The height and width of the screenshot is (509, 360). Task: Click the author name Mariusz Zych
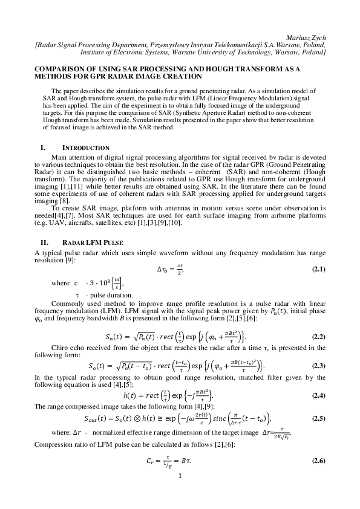tap(307, 37)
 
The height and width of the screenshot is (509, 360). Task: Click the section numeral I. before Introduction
tap(43, 148)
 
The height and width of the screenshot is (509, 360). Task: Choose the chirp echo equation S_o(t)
tap(180, 366)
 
